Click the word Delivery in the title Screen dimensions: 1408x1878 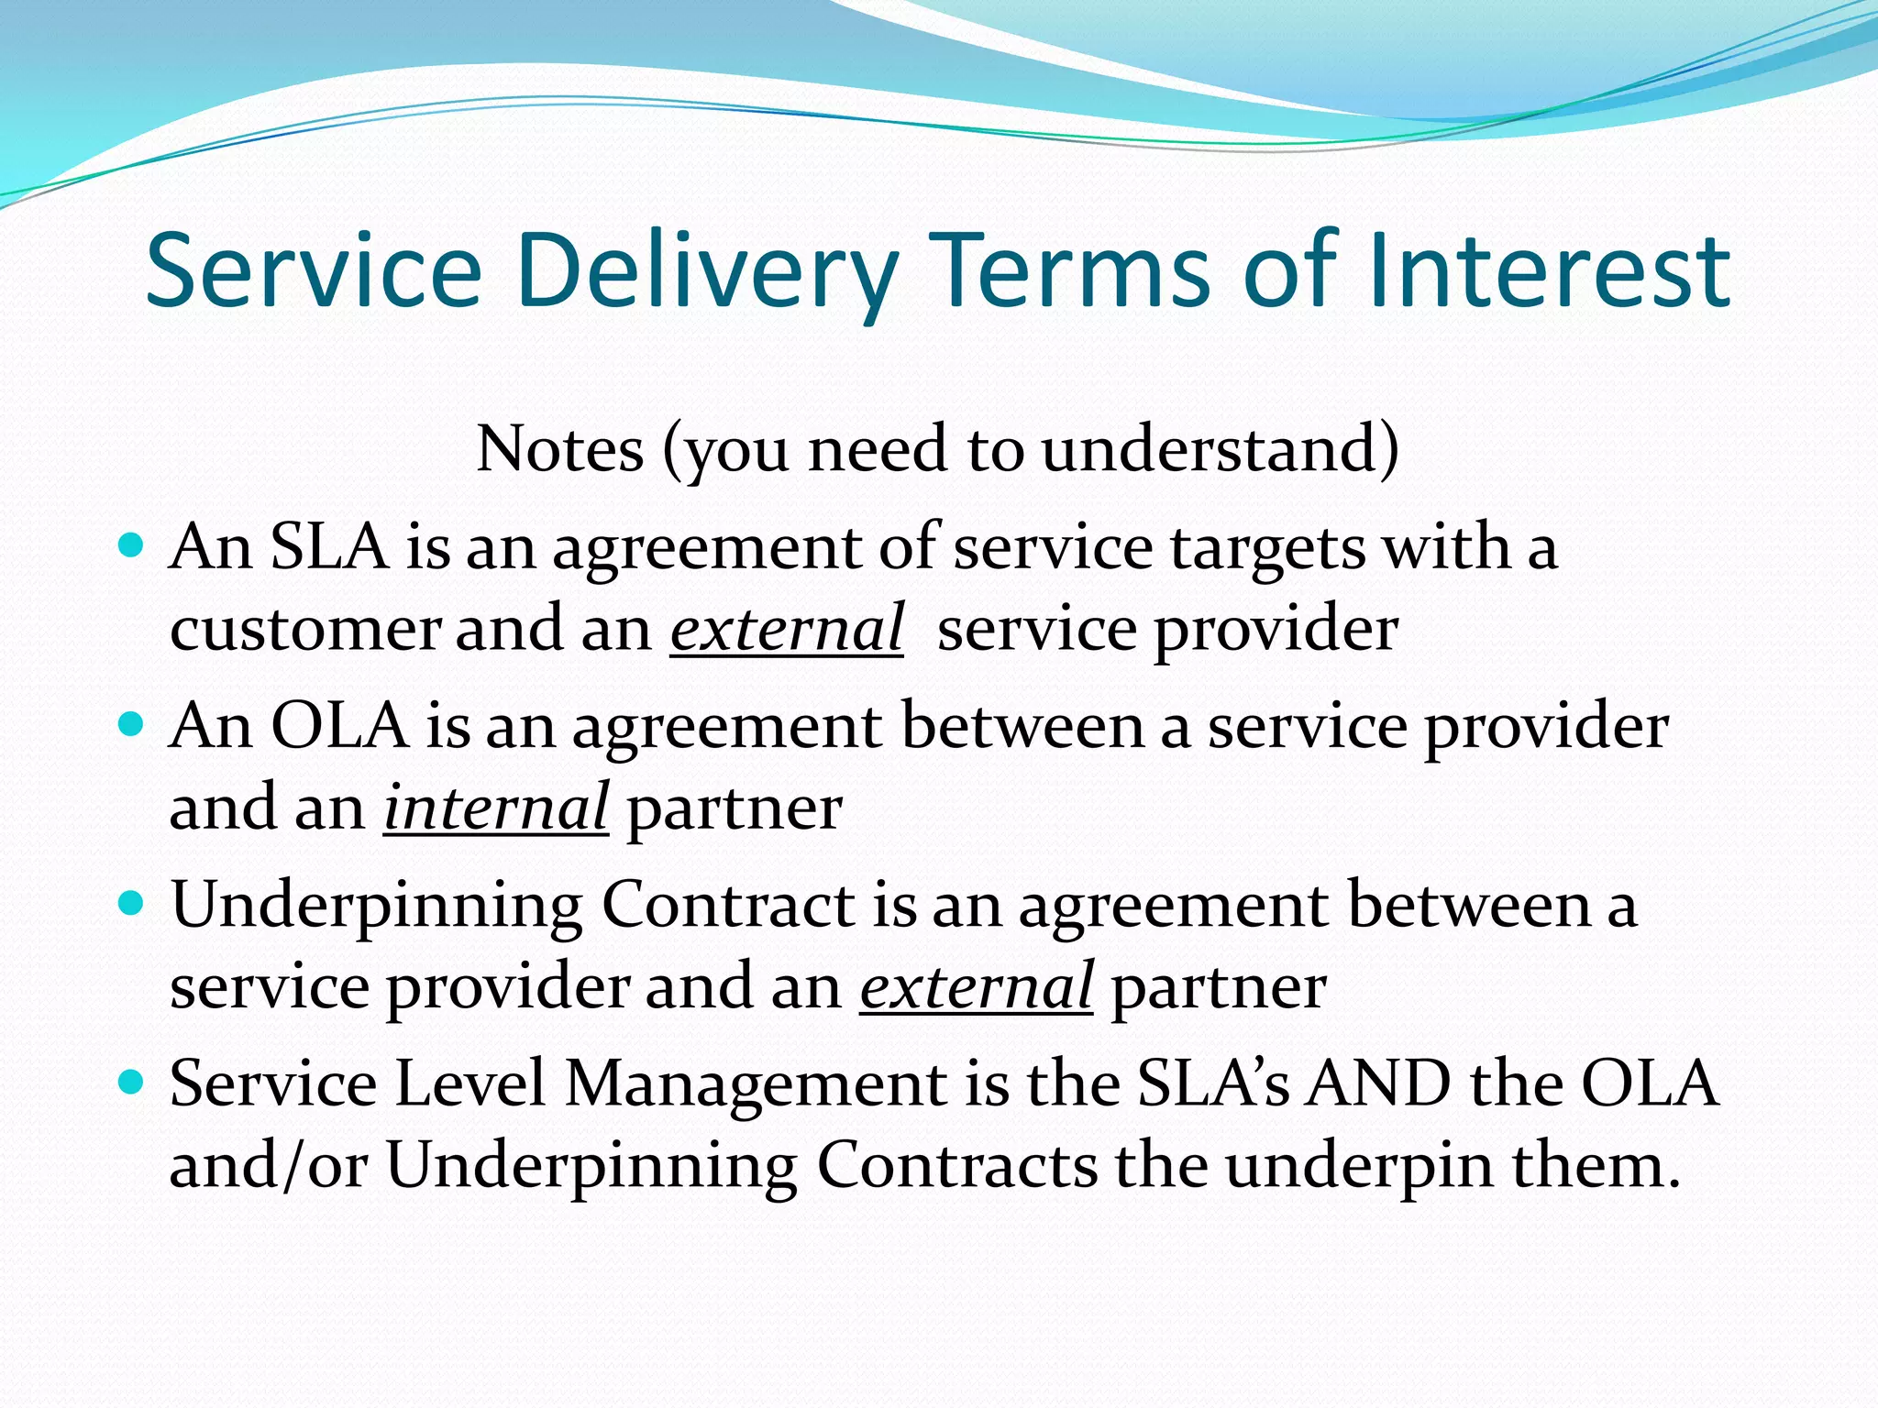click(x=706, y=271)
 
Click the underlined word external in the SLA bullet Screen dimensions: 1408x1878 click(x=787, y=629)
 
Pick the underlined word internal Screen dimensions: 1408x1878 click(x=495, y=808)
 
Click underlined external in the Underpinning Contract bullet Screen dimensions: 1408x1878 click(x=976, y=986)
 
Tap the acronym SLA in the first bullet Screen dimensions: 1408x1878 click(x=329, y=547)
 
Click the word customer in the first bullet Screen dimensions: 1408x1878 click(x=306, y=631)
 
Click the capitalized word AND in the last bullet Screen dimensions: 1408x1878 click(x=1379, y=1083)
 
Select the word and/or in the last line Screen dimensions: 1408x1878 click(x=269, y=1166)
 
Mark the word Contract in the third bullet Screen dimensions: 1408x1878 click(x=728, y=906)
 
